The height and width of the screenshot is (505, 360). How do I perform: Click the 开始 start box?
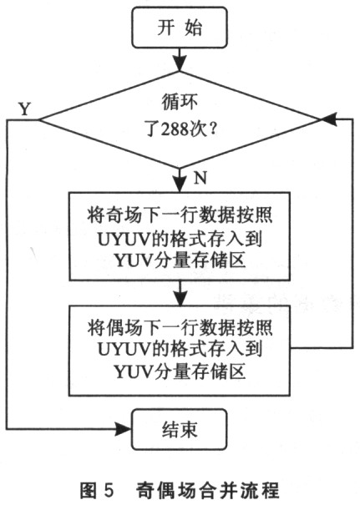click(x=179, y=29)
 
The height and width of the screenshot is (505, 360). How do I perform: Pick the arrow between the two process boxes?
click(x=179, y=292)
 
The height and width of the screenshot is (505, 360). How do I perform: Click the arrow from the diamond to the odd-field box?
click(x=179, y=179)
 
